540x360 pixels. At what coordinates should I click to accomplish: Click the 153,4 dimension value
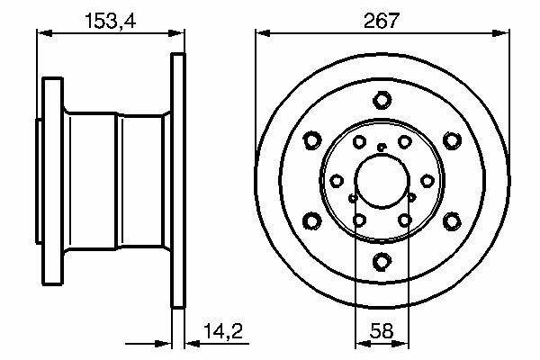[110, 21]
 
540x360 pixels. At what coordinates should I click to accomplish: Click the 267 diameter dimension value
[382, 21]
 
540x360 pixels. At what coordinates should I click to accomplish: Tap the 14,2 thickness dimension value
[223, 331]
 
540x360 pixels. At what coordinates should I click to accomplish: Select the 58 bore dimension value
[382, 331]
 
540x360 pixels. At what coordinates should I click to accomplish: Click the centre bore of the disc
[382, 181]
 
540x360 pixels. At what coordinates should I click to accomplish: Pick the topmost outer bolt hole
[382, 100]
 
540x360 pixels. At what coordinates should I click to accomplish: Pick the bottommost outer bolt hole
[382, 262]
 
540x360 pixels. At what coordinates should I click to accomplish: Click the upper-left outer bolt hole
[312, 140]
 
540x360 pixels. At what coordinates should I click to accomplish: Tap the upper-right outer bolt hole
[452, 140]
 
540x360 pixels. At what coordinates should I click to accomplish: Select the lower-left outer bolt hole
[312, 221]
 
